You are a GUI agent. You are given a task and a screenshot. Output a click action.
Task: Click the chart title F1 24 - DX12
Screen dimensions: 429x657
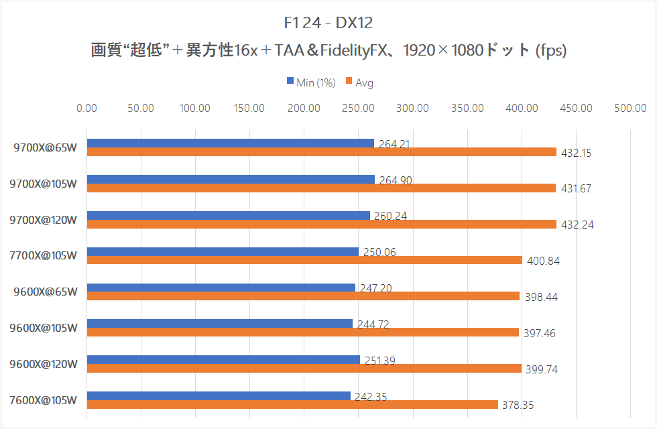tap(328, 23)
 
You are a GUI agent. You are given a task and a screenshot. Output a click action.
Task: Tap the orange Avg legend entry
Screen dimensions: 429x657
tap(359, 82)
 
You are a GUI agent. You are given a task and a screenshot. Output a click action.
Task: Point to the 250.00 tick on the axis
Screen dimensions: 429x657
tap(359, 108)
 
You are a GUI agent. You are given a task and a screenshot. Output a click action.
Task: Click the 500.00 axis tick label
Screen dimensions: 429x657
tap(630, 108)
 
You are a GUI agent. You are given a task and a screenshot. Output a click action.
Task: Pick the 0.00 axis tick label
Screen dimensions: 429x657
tap(87, 108)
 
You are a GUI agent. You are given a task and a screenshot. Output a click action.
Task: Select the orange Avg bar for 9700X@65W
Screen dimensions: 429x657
tap(322, 152)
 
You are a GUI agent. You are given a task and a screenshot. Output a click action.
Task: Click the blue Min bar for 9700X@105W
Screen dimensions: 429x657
tap(231, 179)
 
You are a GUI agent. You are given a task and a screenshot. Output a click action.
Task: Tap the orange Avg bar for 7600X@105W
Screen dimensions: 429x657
tap(292, 404)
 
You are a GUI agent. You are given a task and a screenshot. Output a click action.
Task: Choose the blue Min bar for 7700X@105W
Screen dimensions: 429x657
tap(223, 251)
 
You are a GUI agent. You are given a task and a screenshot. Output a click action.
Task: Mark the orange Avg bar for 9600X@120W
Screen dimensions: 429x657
tap(304, 368)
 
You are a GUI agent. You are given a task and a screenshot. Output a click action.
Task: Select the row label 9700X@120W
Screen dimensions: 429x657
tap(46, 219)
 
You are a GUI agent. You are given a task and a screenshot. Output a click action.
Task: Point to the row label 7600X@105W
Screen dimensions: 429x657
tap(46, 400)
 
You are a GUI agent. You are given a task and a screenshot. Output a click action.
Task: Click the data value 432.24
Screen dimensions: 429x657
tap(577, 225)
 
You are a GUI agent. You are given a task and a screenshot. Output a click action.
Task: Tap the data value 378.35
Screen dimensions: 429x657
tap(518, 405)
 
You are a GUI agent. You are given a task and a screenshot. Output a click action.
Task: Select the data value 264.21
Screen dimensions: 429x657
tap(394, 143)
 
